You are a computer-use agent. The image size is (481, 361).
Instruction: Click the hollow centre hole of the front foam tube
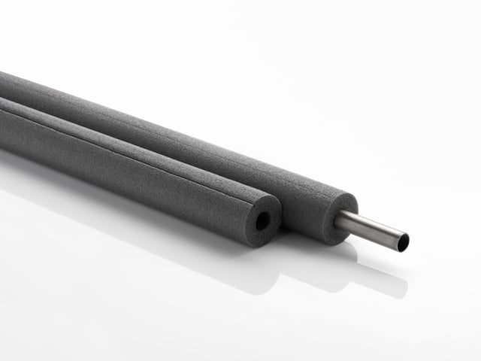[262, 220]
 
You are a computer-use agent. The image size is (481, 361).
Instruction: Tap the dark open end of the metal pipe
[404, 243]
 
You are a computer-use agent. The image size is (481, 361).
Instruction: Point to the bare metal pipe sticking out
[372, 229]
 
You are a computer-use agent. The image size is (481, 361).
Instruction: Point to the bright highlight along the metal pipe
[372, 223]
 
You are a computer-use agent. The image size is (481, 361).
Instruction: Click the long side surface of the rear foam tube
[188, 147]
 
